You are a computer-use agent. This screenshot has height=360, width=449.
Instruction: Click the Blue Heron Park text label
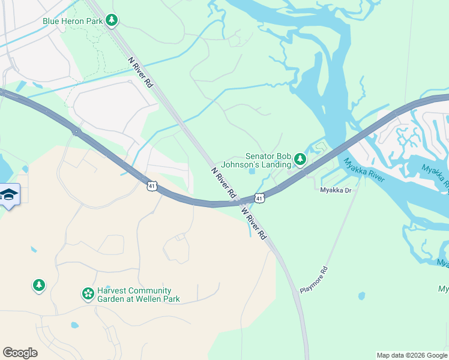pos(72,21)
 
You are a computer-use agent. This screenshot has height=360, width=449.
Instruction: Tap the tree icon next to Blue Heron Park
pos(111,20)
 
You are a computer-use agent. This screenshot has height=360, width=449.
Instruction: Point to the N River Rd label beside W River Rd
pos(223,184)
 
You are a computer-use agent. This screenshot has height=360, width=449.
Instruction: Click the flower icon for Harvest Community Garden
pos(88,294)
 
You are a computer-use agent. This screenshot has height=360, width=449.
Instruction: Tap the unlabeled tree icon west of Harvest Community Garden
pos(39,285)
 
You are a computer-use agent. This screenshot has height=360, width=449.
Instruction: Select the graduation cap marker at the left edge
pos(10,195)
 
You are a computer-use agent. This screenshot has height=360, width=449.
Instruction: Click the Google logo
pos(20,353)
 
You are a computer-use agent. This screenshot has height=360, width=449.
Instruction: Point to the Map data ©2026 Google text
pos(411,355)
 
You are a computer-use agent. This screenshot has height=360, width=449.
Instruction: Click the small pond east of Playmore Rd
pos(361,296)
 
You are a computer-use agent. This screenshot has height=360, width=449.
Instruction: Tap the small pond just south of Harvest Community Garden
pos(74,325)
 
